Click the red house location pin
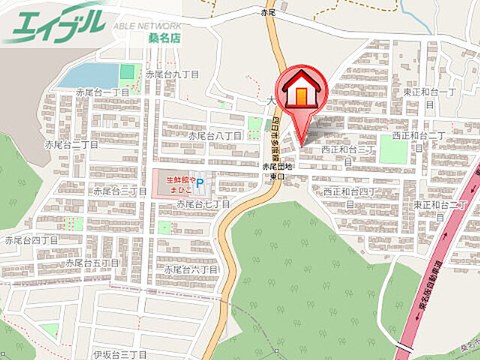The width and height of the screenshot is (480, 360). pyautogui.click(x=301, y=94)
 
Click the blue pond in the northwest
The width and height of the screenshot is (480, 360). pyautogui.click(x=88, y=75)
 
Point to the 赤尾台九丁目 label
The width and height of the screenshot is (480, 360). pyautogui.click(x=172, y=75)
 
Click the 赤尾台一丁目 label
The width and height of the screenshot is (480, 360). pyautogui.click(x=103, y=92)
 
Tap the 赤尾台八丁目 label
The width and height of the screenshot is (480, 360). pyautogui.click(x=214, y=136)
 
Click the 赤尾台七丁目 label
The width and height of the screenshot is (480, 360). pyautogui.click(x=202, y=204)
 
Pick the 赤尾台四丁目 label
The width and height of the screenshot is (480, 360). pyautogui.click(x=31, y=241)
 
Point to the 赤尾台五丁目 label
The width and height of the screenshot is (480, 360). pyautogui.click(x=92, y=263)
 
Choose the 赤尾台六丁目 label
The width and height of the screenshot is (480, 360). pyautogui.click(x=191, y=268)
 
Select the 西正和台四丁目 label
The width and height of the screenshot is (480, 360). pyautogui.click(x=349, y=196)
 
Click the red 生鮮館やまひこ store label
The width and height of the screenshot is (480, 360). pyautogui.click(x=181, y=184)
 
